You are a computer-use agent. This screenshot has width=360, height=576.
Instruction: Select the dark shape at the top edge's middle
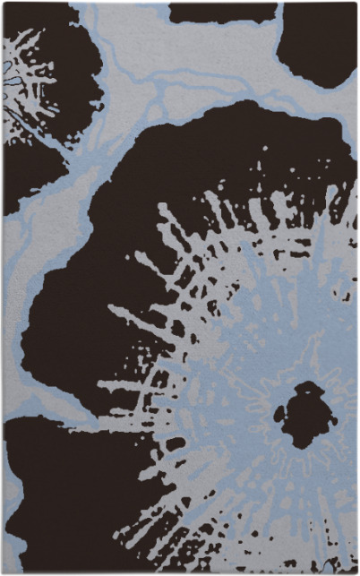coord(222,12)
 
